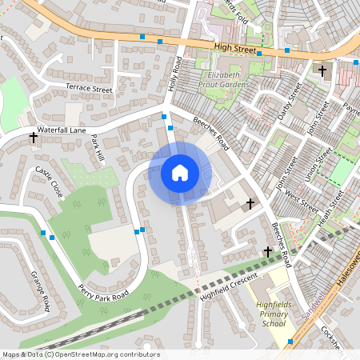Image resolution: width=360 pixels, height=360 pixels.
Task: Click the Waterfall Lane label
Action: (x=61, y=129)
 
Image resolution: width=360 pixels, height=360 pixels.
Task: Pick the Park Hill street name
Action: (x=98, y=149)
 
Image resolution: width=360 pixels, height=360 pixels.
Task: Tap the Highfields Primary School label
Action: (x=274, y=314)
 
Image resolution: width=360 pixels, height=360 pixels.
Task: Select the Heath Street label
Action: (x=329, y=206)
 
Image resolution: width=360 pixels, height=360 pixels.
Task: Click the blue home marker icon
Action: (x=179, y=173)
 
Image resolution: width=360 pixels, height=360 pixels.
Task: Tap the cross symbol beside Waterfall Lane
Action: (x=34, y=138)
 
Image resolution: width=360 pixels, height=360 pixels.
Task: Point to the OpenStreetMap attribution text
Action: (x=81, y=354)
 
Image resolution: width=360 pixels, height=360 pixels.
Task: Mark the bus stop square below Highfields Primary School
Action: (x=290, y=342)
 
